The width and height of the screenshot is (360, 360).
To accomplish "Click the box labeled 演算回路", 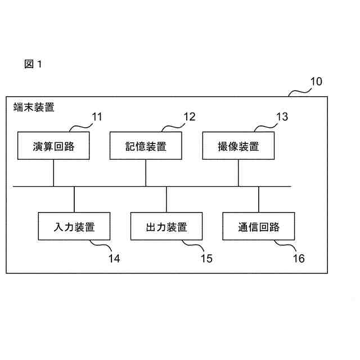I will tap(53, 146).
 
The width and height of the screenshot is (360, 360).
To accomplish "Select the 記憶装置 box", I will tap(146, 146).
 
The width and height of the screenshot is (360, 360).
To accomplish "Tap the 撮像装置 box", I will tap(238, 146).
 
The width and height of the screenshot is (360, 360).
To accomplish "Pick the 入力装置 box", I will tap(74, 227).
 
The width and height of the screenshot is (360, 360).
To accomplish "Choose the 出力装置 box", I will tap(166, 227).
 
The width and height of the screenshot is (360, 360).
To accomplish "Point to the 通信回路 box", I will tap(259, 227).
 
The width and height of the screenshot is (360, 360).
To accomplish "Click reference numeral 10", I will tap(316, 81).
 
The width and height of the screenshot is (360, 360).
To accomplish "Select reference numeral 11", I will tap(97, 117).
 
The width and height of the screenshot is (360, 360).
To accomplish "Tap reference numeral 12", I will tap(189, 117).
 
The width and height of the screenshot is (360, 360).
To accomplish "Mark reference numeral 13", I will tap(281, 117).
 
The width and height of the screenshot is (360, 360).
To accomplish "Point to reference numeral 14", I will tap(114, 258).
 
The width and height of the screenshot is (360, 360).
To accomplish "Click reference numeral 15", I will tap(206, 258).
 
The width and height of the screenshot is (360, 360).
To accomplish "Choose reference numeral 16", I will tap(299, 258).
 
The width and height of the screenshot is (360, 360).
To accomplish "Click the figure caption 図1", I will tap(33, 64).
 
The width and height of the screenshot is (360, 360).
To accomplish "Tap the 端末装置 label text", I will tap(34, 107).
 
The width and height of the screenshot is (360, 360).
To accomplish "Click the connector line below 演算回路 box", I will tap(53, 173).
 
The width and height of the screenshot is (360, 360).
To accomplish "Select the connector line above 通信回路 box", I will tap(259, 199).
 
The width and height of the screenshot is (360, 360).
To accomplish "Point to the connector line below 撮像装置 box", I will tap(238, 173).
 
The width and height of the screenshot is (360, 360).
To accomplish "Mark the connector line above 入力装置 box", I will tap(74, 199).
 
